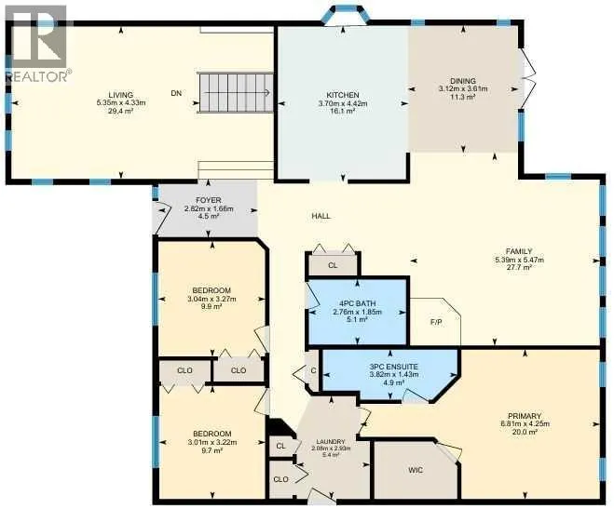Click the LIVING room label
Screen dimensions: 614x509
121,95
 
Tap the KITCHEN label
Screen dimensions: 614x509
343,95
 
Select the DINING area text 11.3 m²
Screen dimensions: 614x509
462,96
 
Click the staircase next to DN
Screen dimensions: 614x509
236,93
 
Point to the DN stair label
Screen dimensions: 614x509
176,93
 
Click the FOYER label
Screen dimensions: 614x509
209,201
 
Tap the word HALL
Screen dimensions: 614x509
321,216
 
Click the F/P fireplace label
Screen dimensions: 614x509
436,323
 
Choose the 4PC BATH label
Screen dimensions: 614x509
357,303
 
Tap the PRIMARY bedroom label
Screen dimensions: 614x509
525,416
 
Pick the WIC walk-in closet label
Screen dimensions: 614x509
415,470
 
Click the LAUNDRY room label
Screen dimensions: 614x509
332,441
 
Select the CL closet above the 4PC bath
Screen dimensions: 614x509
333,265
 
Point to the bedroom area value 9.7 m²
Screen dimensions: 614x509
212,450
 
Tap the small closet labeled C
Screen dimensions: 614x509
313,371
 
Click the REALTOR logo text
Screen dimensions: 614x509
37,76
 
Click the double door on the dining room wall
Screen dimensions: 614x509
526,78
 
